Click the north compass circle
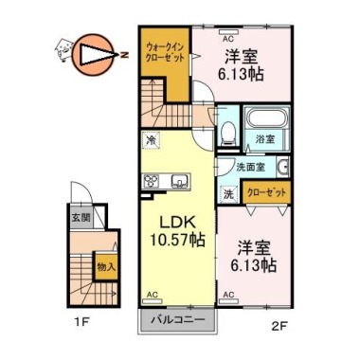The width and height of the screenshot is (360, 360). tap(93, 55)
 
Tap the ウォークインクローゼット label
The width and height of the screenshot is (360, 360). tap(165, 52)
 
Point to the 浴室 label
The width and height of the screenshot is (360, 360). tap(265, 139)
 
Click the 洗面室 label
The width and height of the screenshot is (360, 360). tap(251, 167)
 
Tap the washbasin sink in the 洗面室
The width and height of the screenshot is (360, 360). tap(282, 167)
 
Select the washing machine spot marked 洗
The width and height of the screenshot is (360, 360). tap(228, 193)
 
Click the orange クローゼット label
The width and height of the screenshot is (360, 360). tap(266, 192)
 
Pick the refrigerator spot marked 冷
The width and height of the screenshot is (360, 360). tap(152, 139)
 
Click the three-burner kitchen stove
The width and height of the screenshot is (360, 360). tap(152, 182)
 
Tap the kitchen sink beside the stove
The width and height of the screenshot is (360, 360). tap(180, 181)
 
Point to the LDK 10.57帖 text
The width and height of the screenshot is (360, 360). tap(177, 231)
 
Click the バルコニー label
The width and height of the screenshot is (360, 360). tap(178, 320)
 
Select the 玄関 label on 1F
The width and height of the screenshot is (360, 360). tap(81, 218)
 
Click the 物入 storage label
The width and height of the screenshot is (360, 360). tap(106, 267)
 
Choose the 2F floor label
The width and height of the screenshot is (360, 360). tap(279, 325)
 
